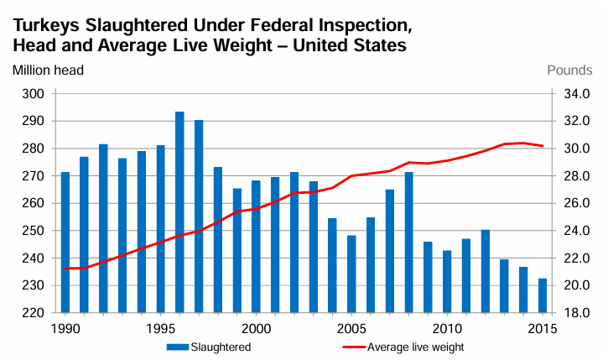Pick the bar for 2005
[x=351, y=274]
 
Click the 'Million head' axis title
[x=48, y=70]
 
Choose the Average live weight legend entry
[x=403, y=346]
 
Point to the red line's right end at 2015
[x=543, y=146]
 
